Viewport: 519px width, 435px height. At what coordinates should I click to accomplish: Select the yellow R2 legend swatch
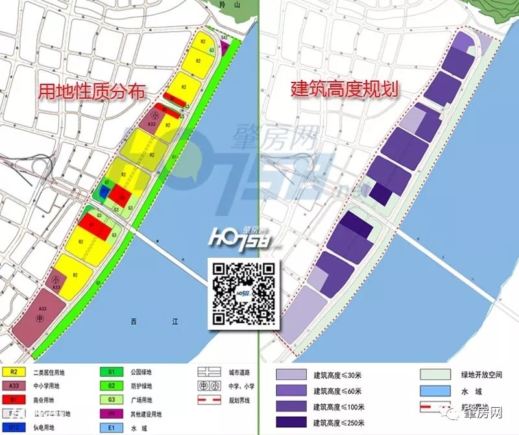13,373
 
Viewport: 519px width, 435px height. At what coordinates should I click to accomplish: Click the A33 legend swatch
13,386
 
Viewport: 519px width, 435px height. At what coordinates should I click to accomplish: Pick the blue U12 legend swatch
13,427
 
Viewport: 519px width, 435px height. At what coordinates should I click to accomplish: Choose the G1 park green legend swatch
111,373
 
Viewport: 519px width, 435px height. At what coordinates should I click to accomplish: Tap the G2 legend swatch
111,386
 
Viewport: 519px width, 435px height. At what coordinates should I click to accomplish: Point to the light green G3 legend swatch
111,400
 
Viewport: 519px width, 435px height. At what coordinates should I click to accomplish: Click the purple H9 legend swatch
111,414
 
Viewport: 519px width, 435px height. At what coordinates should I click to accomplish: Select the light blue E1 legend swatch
111,427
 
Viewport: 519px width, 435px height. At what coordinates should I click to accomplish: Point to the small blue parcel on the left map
103,192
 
